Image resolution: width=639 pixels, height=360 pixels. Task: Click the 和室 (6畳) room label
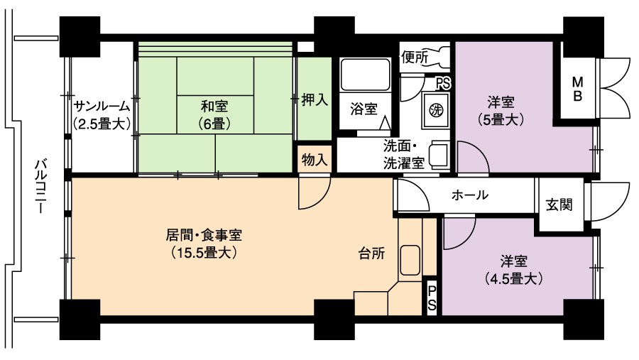(x=214, y=114)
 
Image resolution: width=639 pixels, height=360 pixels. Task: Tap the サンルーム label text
(x=102, y=107)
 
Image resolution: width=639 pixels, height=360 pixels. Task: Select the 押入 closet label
(x=315, y=99)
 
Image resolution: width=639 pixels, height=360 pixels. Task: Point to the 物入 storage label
(x=315, y=160)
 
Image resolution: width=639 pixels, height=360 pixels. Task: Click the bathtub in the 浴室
(x=365, y=75)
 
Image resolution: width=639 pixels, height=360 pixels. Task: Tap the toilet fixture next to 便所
(x=439, y=57)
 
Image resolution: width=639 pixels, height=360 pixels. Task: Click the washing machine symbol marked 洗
(x=436, y=109)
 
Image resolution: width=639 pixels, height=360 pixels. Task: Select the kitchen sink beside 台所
(x=410, y=260)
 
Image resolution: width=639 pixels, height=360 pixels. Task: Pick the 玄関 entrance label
(x=559, y=204)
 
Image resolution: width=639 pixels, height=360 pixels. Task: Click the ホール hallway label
(x=470, y=195)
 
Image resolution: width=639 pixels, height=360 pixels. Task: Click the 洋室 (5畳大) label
(x=501, y=111)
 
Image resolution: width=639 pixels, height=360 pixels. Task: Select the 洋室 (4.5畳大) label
(x=513, y=270)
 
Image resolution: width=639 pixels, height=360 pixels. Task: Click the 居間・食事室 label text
(x=204, y=235)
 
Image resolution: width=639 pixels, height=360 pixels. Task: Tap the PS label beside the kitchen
(x=432, y=298)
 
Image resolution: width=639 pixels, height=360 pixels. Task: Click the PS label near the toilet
(x=443, y=84)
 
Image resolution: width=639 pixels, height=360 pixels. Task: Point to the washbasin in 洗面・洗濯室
(x=439, y=155)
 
